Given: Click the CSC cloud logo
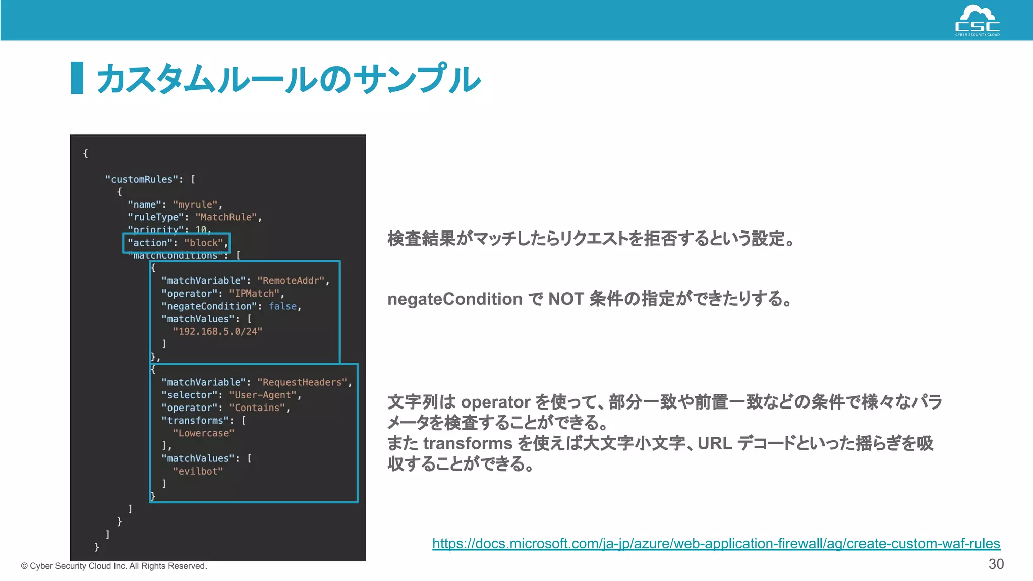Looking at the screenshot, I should click(977, 21).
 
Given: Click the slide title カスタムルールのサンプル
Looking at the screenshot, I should click(288, 79).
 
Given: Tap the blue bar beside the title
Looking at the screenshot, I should click(77, 78).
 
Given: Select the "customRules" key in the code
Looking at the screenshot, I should click(142, 179).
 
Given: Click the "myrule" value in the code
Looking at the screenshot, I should click(195, 205).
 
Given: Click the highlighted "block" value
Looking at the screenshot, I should click(204, 243).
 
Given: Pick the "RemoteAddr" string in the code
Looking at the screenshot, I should click(291, 281).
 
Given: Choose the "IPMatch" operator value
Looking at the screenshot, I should click(254, 294).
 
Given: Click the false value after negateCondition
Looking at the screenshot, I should click(282, 306).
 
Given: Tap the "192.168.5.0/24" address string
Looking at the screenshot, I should click(217, 331).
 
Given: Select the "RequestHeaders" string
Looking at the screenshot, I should click(302, 382).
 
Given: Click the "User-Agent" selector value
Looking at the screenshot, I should click(262, 395).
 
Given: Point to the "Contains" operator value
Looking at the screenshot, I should click(257, 408).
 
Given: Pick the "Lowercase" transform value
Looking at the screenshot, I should click(203, 433).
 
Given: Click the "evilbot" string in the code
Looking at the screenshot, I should click(198, 471).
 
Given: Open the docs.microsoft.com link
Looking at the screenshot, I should click(716, 543).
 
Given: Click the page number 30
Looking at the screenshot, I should click(996, 564).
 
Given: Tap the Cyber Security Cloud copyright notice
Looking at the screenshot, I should click(114, 566).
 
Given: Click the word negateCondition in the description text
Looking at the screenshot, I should click(454, 299).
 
